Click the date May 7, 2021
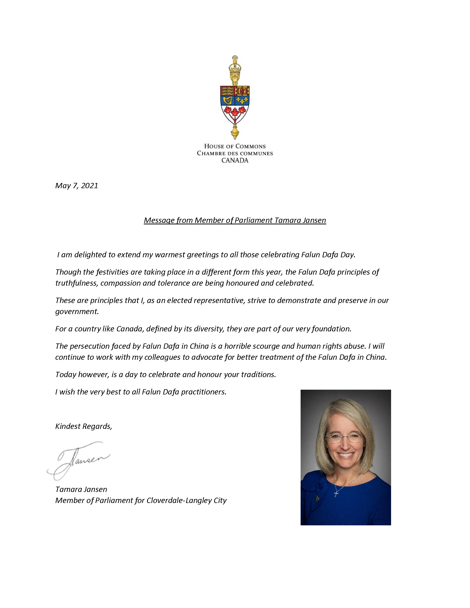[x=77, y=186]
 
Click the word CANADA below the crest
[x=235, y=160]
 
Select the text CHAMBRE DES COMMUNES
[x=235, y=154]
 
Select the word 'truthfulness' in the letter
[x=77, y=283]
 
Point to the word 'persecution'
[x=89, y=346]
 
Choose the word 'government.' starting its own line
[x=77, y=312]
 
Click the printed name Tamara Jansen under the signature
[x=81, y=489]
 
